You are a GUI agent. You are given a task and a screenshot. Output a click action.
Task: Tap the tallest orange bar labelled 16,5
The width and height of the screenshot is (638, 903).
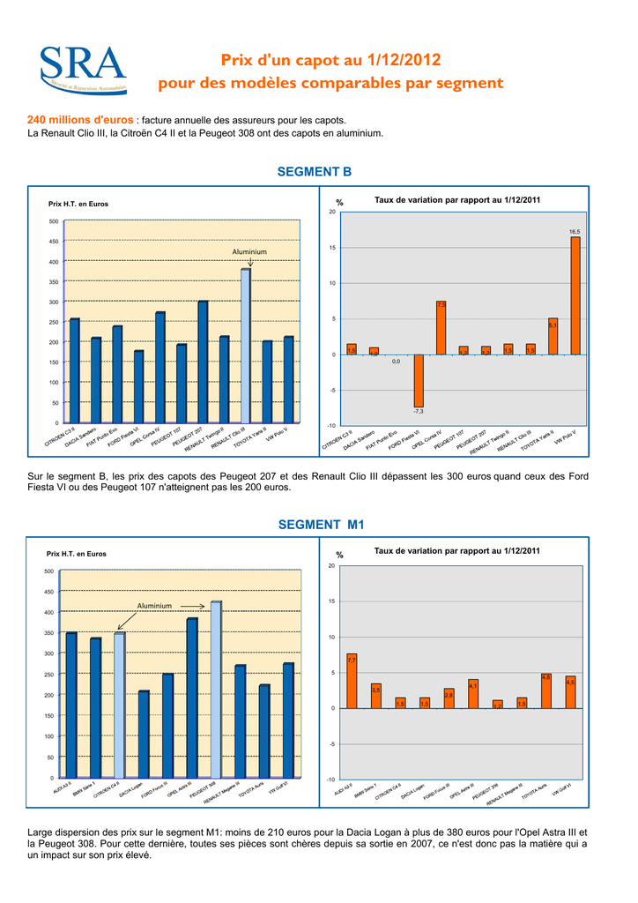click(x=575, y=295)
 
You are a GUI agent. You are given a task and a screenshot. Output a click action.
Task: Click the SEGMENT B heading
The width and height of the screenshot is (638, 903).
click(x=314, y=171)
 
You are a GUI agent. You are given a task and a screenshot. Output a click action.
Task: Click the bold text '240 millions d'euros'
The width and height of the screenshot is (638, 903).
click(x=81, y=120)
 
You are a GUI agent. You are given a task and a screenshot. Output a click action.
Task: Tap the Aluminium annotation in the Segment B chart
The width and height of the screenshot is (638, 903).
click(x=249, y=252)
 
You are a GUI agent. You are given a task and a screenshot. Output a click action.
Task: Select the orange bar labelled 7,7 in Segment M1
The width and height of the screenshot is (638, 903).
click(x=352, y=681)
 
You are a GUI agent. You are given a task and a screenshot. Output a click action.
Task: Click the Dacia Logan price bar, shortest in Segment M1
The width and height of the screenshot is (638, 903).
click(x=144, y=734)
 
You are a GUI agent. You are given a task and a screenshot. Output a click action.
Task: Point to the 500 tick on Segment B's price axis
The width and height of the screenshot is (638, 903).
click(x=54, y=221)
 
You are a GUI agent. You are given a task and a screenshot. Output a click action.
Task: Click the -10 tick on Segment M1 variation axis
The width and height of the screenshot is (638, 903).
click(x=330, y=780)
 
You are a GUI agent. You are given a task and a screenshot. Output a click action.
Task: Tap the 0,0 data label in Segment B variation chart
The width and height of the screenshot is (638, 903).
click(x=396, y=361)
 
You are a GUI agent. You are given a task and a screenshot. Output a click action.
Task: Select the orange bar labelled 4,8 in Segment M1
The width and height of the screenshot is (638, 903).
click(x=546, y=690)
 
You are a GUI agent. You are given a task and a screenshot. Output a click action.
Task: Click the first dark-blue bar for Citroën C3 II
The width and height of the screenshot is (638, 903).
click(x=75, y=370)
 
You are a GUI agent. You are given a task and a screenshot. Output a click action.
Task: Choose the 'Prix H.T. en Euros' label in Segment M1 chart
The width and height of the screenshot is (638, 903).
click(x=76, y=554)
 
